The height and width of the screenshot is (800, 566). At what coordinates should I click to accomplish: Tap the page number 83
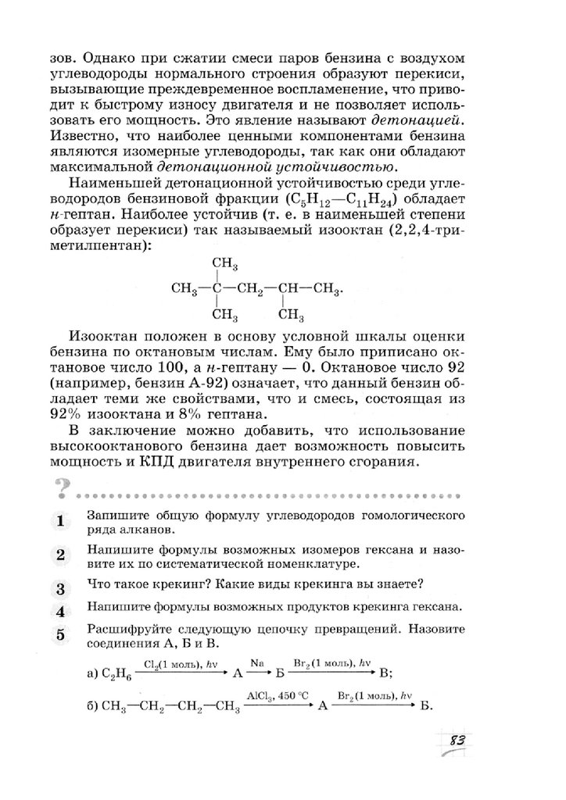coord(457,740)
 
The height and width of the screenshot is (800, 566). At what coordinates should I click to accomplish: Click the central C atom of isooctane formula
coord(218,289)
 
